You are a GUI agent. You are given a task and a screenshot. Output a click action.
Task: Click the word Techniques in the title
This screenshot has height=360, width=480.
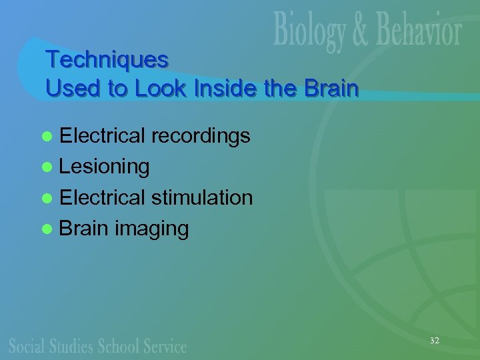click(107, 60)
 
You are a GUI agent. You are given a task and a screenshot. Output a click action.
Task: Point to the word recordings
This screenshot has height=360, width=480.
click(201, 137)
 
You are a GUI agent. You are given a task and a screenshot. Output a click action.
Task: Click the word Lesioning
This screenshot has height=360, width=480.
click(104, 167)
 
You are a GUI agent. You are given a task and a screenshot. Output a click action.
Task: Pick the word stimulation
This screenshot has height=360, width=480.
click(202, 197)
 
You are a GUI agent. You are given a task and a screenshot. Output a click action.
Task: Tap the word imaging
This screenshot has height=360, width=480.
click(151, 229)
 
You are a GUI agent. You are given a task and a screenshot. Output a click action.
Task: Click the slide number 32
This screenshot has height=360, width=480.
click(434, 341)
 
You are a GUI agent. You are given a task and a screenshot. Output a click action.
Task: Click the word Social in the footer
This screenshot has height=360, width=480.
click(27, 345)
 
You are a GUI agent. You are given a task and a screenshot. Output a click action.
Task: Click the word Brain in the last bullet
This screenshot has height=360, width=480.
click(83, 229)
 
